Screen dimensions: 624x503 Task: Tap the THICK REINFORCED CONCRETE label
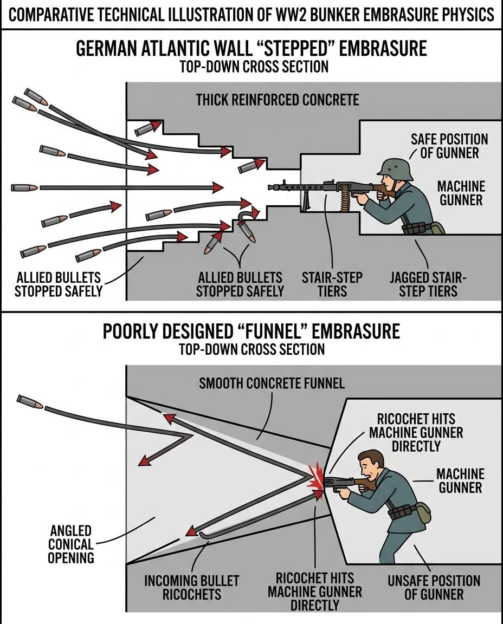click(277, 100)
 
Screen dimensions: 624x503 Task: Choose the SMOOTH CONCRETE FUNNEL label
click(272, 383)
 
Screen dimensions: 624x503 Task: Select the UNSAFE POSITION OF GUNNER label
click(434, 587)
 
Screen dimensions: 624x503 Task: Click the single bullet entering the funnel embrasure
click(30, 401)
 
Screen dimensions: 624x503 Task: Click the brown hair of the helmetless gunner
click(372, 458)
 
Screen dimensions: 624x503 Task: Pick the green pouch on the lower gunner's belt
click(423, 512)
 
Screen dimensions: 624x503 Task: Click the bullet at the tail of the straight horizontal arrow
click(24, 187)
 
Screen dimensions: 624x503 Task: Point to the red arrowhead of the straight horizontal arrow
click(217, 187)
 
